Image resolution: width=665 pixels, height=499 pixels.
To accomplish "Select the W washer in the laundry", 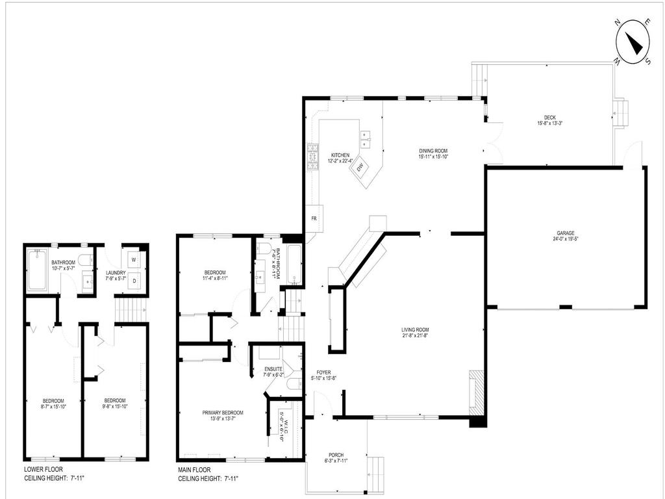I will (x=134, y=259).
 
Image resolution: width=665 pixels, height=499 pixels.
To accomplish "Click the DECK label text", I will (x=549, y=118).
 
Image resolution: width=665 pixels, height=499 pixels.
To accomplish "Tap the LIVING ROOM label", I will (x=415, y=329).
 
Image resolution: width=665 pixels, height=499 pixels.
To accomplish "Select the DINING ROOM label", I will (x=433, y=151).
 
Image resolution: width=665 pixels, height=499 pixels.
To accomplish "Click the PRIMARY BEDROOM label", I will (x=223, y=413).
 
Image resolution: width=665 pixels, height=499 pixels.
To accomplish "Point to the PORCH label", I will (x=336, y=455).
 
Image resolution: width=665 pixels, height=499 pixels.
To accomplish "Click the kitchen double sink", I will (x=366, y=136).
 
